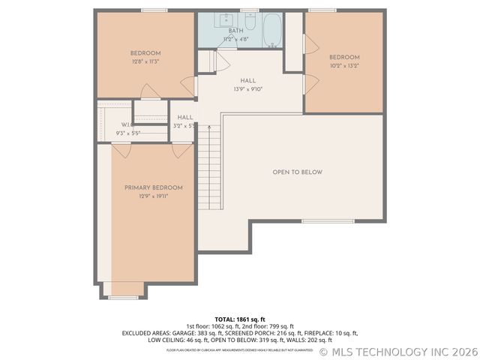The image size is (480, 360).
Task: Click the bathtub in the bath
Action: [271, 29]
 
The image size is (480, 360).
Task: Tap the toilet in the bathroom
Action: [249, 20]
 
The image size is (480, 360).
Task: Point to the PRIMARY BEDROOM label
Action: [153, 187]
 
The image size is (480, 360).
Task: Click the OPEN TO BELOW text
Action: [297, 172]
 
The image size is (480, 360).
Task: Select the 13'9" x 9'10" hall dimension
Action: [247, 89]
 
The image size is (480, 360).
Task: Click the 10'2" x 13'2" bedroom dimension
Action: [344, 65]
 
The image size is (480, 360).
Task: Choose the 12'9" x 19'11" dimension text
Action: [153, 196]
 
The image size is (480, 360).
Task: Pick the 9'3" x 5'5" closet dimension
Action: [128, 133]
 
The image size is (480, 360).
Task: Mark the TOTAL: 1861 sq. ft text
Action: [240, 319]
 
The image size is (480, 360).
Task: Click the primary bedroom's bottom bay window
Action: [124, 298]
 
